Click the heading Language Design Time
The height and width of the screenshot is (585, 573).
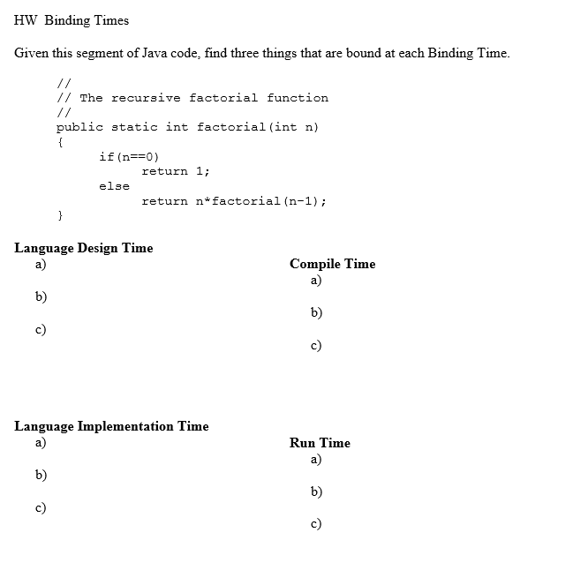(84, 248)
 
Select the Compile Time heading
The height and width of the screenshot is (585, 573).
(332, 264)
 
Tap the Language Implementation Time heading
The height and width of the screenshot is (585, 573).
(111, 426)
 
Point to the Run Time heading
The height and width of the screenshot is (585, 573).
(320, 443)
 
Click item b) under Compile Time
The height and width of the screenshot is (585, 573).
(316, 312)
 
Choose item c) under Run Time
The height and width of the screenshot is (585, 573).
(316, 524)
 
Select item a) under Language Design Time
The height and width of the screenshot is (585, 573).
(41, 264)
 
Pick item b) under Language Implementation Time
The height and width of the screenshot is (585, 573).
(41, 475)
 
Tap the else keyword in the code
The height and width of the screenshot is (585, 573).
(114, 186)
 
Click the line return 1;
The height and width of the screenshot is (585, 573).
(175, 171)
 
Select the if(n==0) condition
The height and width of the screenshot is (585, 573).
(129, 156)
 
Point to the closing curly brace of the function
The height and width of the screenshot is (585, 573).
(59, 215)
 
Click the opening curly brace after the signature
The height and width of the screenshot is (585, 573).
(59, 141)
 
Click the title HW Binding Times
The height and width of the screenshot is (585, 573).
(72, 20)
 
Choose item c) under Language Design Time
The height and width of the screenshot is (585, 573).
(41, 329)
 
